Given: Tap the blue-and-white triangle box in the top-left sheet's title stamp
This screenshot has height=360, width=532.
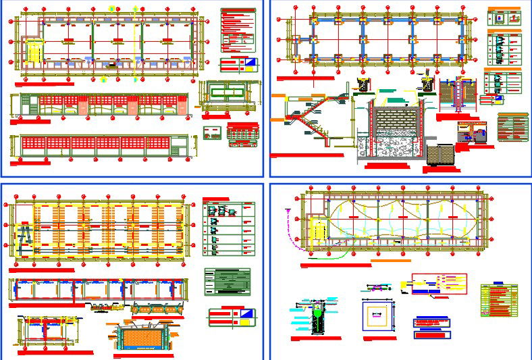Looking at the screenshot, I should click(x=248, y=65).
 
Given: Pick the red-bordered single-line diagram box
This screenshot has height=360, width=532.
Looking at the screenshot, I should click(x=438, y=284).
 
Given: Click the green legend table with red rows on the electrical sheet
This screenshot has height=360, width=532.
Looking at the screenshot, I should click(x=498, y=300).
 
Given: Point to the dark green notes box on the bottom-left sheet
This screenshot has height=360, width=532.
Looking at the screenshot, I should click(x=227, y=282).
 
